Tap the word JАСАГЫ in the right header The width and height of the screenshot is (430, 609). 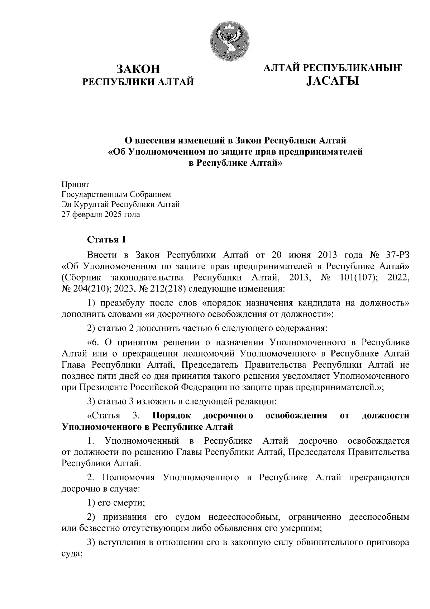tap(332, 81)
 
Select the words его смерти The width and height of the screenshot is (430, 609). tap(121, 502)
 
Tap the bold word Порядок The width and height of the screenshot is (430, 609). tap(171, 415)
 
